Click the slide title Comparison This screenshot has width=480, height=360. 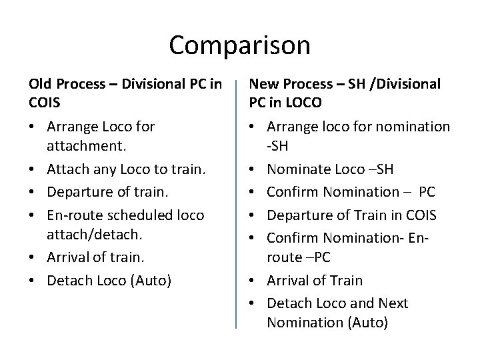click(x=239, y=45)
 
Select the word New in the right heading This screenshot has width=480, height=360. click(x=265, y=84)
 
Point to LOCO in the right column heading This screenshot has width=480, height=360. click(x=301, y=103)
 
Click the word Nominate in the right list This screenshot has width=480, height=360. click(x=299, y=170)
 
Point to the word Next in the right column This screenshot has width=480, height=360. click(x=393, y=303)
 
